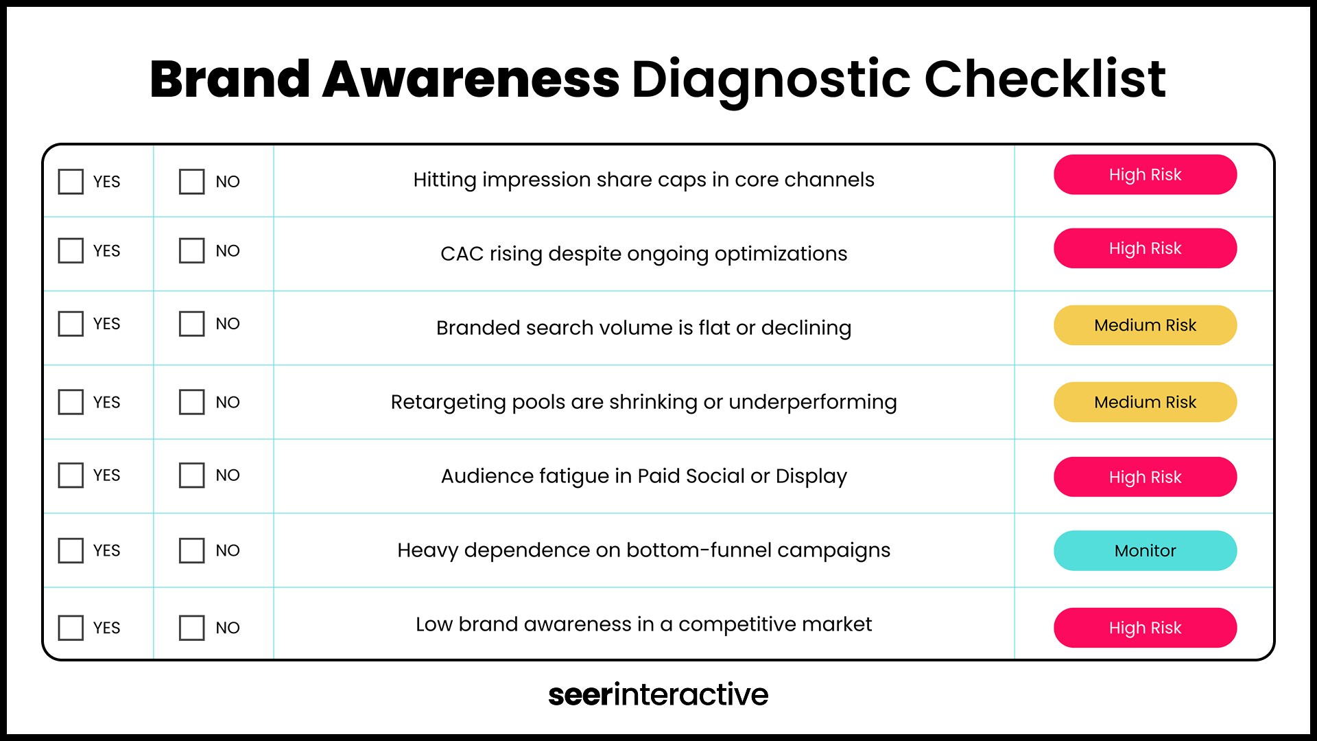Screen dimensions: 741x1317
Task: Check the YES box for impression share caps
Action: pyautogui.click(x=71, y=182)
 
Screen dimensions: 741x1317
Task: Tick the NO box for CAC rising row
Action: pyautogui.click(x=191, y=251)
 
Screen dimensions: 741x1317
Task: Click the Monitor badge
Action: pyautogui.click(x=1145, y=550)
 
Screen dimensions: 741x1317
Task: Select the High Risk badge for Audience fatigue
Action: pyautogui.click(x=1145, y=477)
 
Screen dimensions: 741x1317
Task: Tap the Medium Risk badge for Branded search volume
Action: pyautogui.click(x=1145, y=325)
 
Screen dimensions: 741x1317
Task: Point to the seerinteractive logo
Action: pyautogui.click(x=658, y=694)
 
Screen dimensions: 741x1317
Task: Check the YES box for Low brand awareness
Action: pyautogui.click(x=71, y=628)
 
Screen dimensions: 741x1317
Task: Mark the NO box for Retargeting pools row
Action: pyautogui.click(x=191, y=402)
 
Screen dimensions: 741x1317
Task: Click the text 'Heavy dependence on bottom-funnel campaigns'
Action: pyautogui.click(x=643, y=550)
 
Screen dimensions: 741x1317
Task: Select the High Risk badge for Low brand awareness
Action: pyautogui.click(x=1145, y=628)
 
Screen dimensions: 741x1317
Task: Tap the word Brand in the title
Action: pyautogui.click(x=230, y=80)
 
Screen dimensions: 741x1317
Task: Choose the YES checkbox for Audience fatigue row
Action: pyautogui.click(x=71, y=475)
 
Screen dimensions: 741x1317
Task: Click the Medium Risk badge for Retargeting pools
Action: pyautogui.click(x=1145, y=402)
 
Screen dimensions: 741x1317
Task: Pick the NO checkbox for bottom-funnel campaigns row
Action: pyautogui.click(x=191, y=550)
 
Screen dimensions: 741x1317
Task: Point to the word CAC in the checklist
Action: pyautogui.click(x=462, y=254)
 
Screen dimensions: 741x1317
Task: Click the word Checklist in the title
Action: pyautogui.click(x=1045, y=80)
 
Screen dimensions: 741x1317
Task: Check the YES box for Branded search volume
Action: pyautogui.click(x=71, y=324)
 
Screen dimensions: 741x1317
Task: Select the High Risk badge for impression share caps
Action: pyautogui.click(x=1145, y=175)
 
